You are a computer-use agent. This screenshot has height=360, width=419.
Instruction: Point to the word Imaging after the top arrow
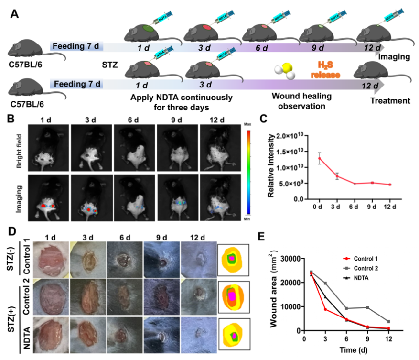[x=394, y=57]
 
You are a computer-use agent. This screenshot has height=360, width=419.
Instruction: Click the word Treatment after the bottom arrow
[x=390, y=100]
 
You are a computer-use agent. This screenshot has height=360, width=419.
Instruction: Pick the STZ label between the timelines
[x=110, y=64]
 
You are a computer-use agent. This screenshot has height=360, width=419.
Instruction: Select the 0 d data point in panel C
[x=319, y=158]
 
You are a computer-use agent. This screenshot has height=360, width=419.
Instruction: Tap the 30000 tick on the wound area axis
[x=290, y=259]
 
